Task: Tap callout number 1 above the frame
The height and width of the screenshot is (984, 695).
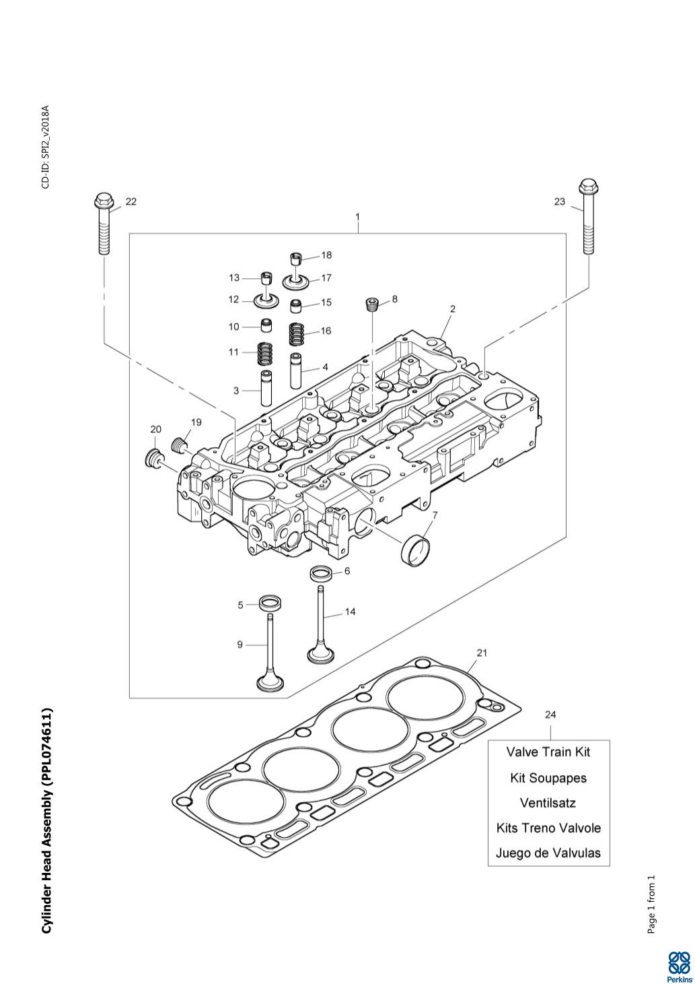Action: coord(358,217)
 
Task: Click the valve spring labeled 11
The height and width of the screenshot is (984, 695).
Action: coord(266,352)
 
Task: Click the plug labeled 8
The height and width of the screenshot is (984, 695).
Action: coord(373,304)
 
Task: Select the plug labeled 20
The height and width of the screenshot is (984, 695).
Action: coord(154,458)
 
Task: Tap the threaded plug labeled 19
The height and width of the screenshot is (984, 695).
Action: coord(180,444)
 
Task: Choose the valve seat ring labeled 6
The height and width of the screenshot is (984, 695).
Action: coord(321,575)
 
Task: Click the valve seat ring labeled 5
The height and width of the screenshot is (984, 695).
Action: coord(270,601)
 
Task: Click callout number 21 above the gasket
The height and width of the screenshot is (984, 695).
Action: coord(482,653)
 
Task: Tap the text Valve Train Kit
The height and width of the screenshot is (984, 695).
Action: coord(548,752)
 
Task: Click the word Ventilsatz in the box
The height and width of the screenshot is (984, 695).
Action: coord(548,803)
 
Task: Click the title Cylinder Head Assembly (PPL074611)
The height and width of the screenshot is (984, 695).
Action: coord(46,820)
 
